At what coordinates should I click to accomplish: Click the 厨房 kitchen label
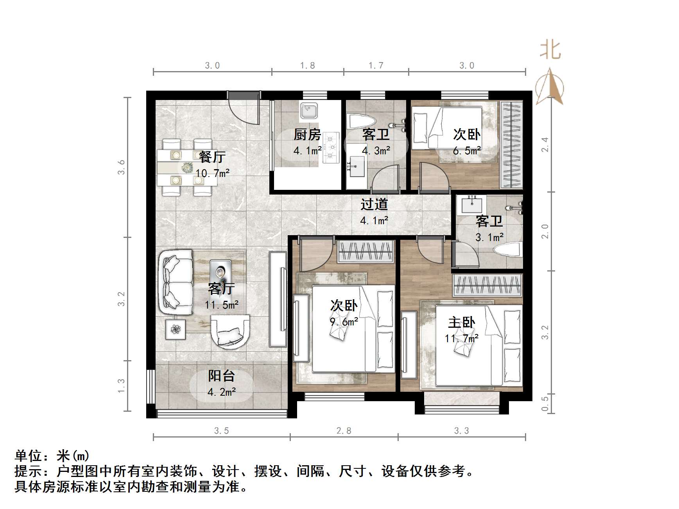307,135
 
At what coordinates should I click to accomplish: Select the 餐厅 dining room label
212,157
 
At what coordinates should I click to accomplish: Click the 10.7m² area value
212,173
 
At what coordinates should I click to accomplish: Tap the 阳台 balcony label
221,376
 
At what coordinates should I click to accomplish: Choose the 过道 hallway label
374,204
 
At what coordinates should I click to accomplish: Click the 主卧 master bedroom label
462,323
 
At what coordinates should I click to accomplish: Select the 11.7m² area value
462,338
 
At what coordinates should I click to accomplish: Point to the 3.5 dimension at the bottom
222,431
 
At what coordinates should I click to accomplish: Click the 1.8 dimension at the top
308,66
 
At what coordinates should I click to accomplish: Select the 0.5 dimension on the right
545,404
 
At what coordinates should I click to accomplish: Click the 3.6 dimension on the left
122,167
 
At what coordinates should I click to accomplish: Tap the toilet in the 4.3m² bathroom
361,121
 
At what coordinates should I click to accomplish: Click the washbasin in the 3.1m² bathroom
472,205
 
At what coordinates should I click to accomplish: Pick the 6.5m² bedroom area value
467,151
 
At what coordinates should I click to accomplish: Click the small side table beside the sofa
176,329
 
